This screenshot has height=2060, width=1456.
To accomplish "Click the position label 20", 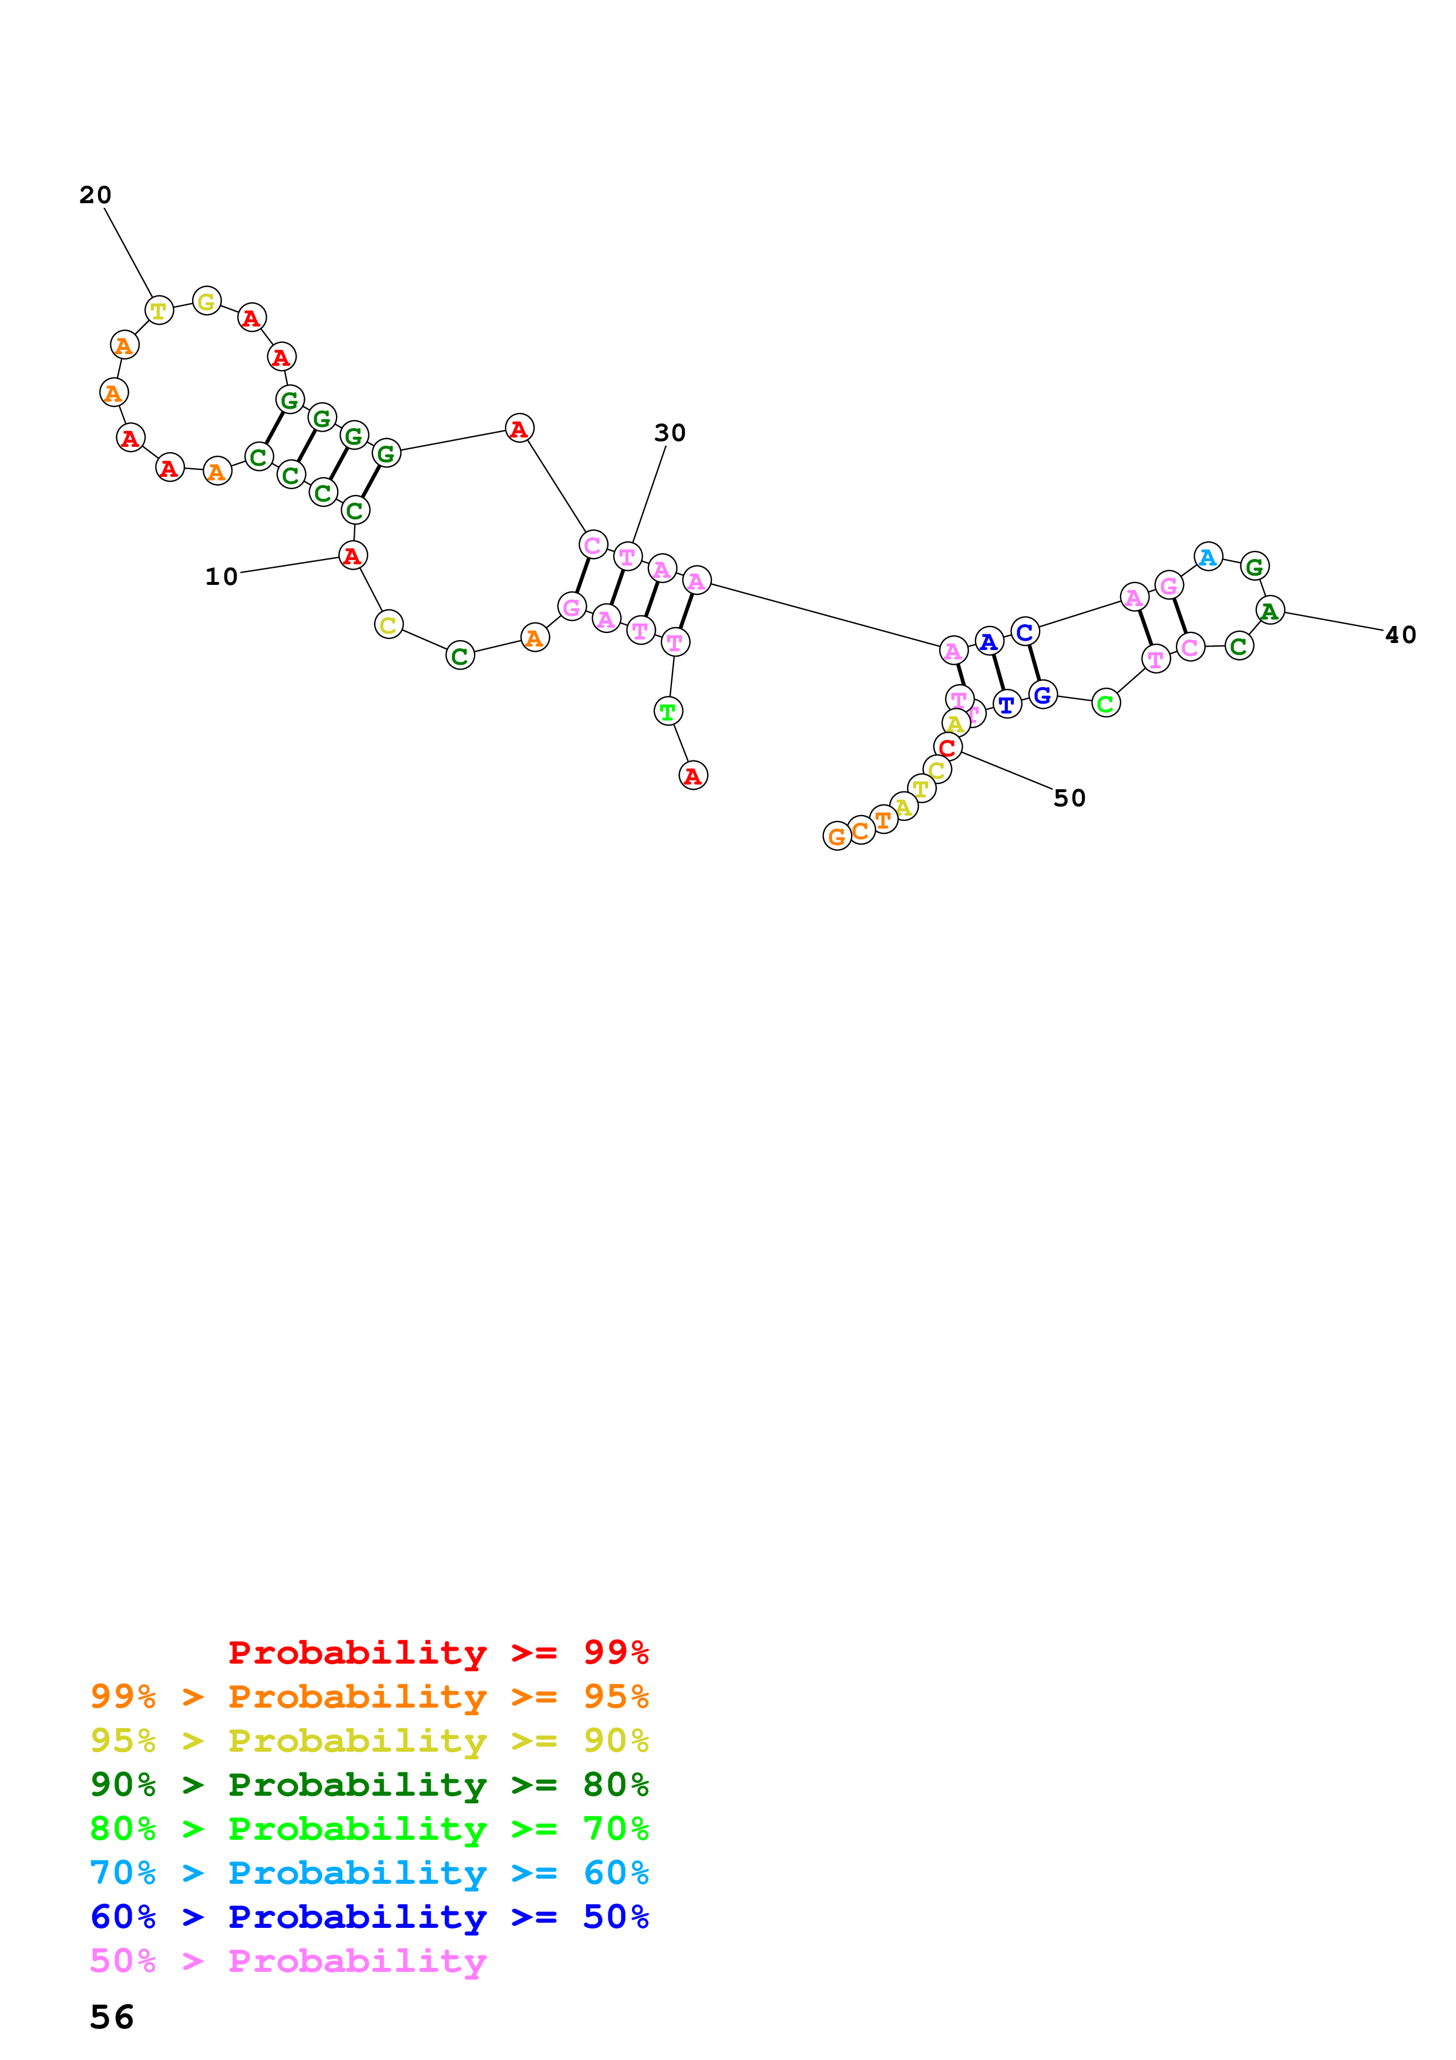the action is point(95,195).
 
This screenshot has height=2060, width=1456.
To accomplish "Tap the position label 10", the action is point(221,576).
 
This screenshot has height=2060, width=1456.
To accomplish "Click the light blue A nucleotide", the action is point(1208,557).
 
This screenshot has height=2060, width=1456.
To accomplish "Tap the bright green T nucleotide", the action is point(667,712).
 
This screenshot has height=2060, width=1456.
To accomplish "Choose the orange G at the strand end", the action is point(836,836).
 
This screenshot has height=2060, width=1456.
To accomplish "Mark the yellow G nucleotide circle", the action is point(206,301).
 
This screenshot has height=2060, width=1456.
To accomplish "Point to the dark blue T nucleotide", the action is point(1007,705).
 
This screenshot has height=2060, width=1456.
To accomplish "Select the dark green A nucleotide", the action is point(1269,611).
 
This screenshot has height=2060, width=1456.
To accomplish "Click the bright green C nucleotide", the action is point(1105,704).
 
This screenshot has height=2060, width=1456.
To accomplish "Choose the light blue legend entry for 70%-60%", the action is point(369,1873).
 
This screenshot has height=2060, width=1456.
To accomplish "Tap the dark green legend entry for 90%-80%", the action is point(369,1785).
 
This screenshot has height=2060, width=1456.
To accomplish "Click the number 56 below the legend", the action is point(112,2018).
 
